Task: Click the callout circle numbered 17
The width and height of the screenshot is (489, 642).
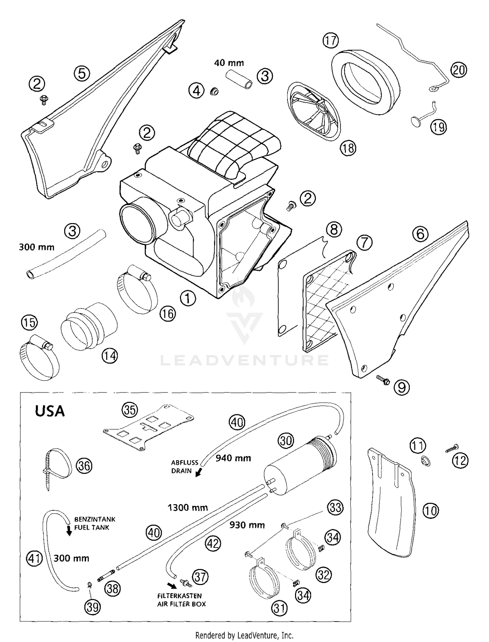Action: pos(330,41)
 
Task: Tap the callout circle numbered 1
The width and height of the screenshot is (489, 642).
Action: pos(188,298)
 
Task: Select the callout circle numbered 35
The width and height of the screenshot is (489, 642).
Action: pos(130,410)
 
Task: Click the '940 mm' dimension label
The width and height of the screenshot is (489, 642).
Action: pos(233,458)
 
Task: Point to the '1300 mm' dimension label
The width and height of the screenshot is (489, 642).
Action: pos(187,507)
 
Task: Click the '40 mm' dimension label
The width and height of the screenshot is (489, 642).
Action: pos(229,63)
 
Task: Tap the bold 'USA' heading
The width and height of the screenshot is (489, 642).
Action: pos(50,411)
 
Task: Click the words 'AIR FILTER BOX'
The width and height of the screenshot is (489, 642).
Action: pos(182,604)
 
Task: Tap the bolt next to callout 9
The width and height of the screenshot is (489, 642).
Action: pos(382,379)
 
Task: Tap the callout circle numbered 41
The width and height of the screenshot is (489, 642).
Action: pos(34,559)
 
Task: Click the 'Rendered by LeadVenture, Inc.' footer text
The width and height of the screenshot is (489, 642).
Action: pos(244,635)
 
